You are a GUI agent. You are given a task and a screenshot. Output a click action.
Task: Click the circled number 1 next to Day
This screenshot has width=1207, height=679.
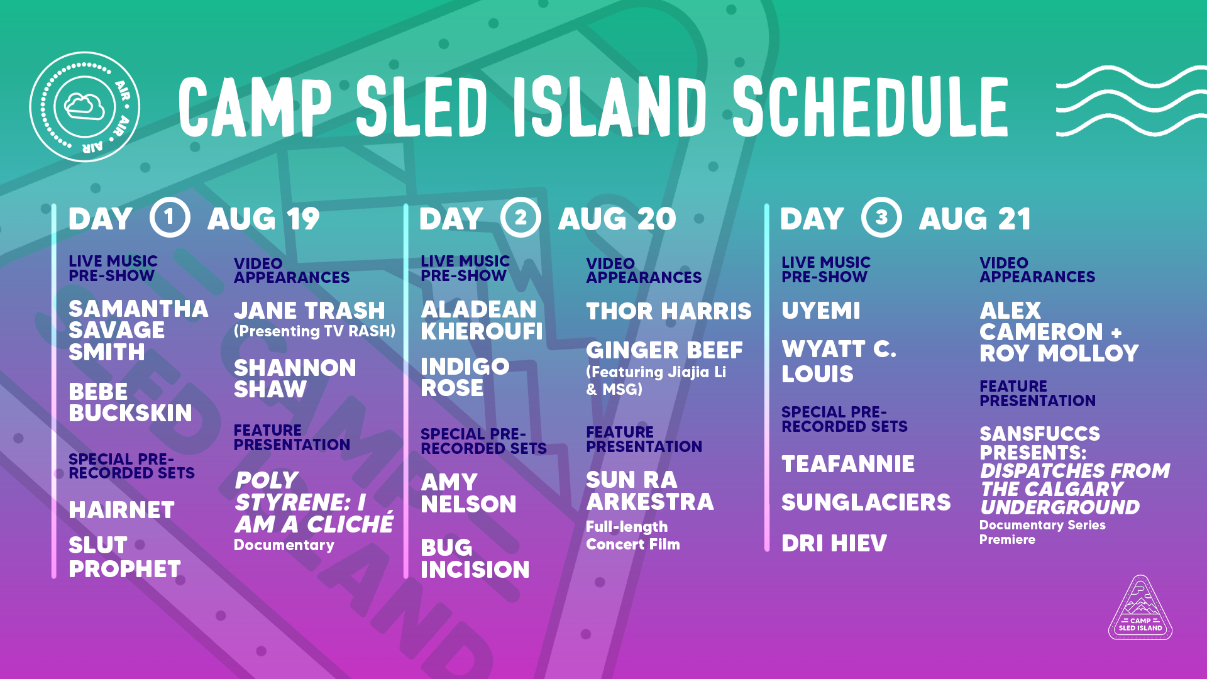tap(170, 218)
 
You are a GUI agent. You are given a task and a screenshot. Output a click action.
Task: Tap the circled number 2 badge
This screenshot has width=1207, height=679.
tap(521, 218)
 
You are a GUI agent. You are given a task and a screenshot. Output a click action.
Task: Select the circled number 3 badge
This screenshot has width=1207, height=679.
tap(881, 218)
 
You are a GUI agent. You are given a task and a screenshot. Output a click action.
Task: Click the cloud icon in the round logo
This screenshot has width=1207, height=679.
tap(85, 106)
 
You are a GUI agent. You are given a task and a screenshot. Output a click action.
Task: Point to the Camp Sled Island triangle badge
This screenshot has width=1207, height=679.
tap(1140, 608)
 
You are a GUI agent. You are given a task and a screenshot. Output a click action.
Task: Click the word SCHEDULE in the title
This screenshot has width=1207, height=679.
tap(871, 106)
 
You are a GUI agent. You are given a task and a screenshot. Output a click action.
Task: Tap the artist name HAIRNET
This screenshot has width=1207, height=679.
tap(121, 510)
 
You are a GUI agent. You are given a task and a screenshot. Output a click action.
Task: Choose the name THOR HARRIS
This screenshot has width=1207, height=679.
tap(669, 311)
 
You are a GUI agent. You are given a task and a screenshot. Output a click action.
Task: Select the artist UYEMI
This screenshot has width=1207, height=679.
tap(821, 311)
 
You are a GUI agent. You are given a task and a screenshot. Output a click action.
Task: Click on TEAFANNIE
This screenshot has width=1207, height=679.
tap(848, 464)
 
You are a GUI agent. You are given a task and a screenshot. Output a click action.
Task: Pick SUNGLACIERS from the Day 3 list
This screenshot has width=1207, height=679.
tap(866, 502)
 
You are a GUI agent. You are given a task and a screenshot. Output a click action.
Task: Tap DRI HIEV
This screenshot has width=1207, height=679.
tap(834, 543)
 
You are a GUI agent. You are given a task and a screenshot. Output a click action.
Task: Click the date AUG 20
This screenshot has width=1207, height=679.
tap(617, 219)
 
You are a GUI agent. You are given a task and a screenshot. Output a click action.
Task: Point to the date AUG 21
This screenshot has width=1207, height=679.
tap(974, 219)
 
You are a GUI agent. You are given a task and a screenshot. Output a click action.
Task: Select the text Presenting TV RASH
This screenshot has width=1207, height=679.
tap(315, 331)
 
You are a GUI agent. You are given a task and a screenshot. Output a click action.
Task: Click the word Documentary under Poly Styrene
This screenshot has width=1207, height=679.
tap(284, 544)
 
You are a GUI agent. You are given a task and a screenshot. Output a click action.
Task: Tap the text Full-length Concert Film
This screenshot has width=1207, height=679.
tap(633, 536)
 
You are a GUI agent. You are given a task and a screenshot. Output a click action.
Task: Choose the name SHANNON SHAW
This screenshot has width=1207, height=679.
tap(295, 378)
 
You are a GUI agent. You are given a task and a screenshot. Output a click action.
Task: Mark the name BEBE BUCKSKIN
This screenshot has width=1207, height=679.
tap(130, 402)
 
